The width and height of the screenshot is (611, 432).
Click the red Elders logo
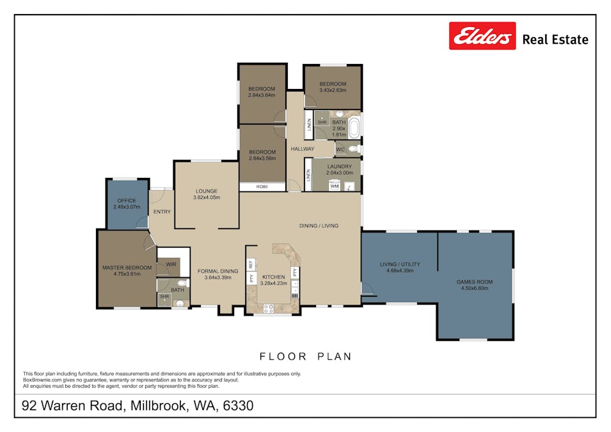coord(482,36)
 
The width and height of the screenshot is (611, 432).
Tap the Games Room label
coord(474,282)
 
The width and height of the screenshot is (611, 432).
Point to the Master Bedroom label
coord(127,268)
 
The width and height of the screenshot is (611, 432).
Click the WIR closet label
coord(171,264)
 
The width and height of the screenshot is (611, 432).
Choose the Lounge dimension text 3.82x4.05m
coord(206,198)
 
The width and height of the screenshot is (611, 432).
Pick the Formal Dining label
coord(218,271)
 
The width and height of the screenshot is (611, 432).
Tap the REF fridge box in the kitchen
coord(251,264)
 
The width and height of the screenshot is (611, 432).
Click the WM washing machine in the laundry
coord(334,186)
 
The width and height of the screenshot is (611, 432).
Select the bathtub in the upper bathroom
coord(354,127)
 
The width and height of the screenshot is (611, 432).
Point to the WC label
coord(340,150)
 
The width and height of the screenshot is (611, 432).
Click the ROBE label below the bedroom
coord(262,187)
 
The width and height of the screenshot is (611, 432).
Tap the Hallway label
coord(302,149)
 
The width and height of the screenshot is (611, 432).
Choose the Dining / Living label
coord(319,225)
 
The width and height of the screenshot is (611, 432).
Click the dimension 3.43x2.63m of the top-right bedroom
coord(333,90)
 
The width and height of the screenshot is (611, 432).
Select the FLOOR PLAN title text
coord(305,356)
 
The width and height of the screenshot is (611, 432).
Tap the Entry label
coord(162,212)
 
